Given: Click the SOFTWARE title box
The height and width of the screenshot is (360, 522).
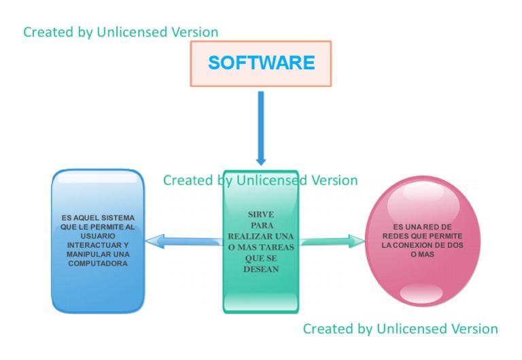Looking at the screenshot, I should (x=261, y=63).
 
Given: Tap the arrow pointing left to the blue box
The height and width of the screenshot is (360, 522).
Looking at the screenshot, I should (x=184, y=240).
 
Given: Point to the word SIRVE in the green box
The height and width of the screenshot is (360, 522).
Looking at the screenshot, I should (x=261, y=213).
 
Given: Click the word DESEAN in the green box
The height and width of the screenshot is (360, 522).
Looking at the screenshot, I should (x=261, y=269).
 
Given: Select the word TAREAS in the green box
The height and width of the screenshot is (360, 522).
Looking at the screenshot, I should (x=277, y=247).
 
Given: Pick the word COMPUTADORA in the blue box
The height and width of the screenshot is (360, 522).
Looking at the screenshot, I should (x=98, y=263).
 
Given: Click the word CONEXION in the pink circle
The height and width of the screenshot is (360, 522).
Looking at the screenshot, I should (x=418, y=245).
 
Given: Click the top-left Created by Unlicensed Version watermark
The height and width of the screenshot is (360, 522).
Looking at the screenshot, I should (x=120, y=32).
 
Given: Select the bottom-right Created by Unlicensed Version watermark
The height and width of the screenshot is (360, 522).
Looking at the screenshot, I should (x=400, y=329).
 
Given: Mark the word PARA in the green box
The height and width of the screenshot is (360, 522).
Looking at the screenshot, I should (x=262, y=224).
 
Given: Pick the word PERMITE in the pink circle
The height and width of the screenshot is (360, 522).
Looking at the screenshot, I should (x=446, y=236).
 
